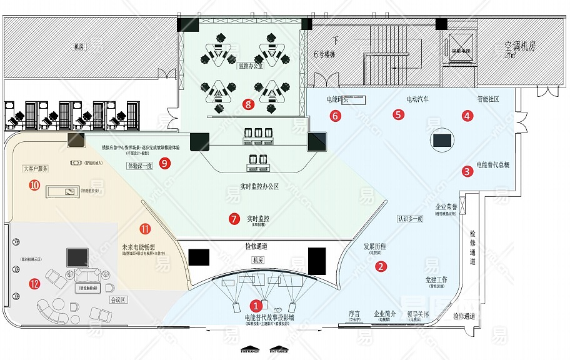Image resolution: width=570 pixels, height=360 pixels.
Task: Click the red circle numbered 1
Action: (x=256, y=306)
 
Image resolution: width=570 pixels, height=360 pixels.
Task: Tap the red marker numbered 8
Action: (x=249, y=104)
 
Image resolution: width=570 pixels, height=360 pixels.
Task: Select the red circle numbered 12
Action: (x=34, y=284)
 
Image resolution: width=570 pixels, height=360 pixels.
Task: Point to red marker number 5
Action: (x=398, y=114)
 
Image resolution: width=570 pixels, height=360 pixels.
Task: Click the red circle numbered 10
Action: (x=34, y=184)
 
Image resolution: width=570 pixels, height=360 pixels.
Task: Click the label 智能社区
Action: (x=487, y=99)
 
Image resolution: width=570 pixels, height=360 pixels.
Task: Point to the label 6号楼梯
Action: (x=324, y=54)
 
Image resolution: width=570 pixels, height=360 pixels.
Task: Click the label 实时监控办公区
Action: (x=259, y=187)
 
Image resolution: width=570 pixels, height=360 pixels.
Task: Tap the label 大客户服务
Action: (x=36, y=169)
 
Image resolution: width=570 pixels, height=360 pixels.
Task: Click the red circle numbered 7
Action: (x=234, y=219)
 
